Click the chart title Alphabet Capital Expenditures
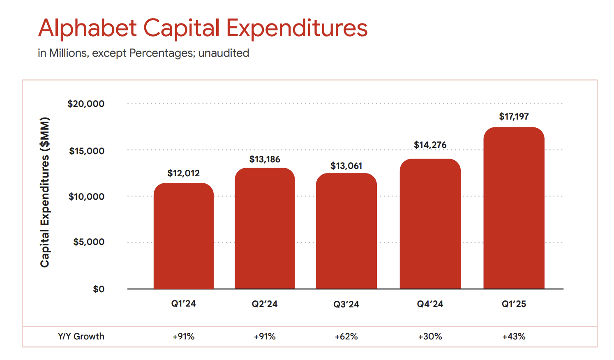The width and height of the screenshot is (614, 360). tap(203, 28)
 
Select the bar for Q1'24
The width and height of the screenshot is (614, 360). tap(183, 236)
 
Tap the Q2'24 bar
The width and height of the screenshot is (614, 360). tap(265, 228)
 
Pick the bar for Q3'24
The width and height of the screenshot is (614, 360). tap(346, 231)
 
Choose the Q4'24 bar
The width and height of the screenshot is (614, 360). tap(430, 224)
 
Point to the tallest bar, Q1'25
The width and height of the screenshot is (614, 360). tap(514, 208)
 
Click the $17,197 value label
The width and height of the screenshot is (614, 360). tap(514, 117)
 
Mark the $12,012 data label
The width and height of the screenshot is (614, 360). tap(183, 173)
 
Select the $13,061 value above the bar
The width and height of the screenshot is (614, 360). tap(346, 166)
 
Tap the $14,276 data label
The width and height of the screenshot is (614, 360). tap(430, 145)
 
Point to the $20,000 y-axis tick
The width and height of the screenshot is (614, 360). tap(86, 104)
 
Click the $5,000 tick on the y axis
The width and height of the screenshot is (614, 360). tap(89, 242)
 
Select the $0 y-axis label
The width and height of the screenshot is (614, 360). tap(99, 289)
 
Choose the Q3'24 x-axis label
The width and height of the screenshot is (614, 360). tap(346, 305)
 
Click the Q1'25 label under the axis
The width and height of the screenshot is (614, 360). tap(514, 304)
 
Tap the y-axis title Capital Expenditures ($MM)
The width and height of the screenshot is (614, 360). tap(45, 192)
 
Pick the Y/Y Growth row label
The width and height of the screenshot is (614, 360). tap(81, 337)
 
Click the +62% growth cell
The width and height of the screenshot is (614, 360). tap(346, 337)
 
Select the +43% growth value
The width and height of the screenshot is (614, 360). tap(514, 337)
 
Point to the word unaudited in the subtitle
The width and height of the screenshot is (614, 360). tap(224, 53)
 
